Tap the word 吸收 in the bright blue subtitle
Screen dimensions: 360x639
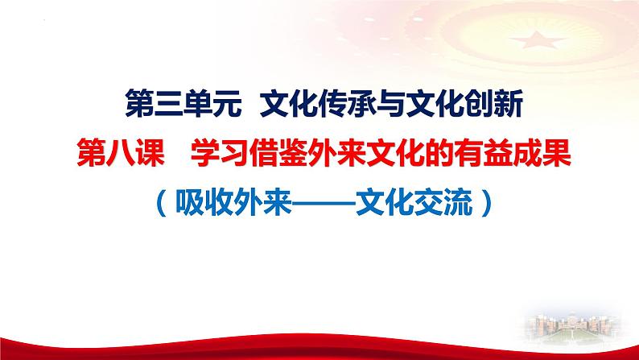[201, 197]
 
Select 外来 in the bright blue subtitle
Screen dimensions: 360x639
[259, 197]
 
